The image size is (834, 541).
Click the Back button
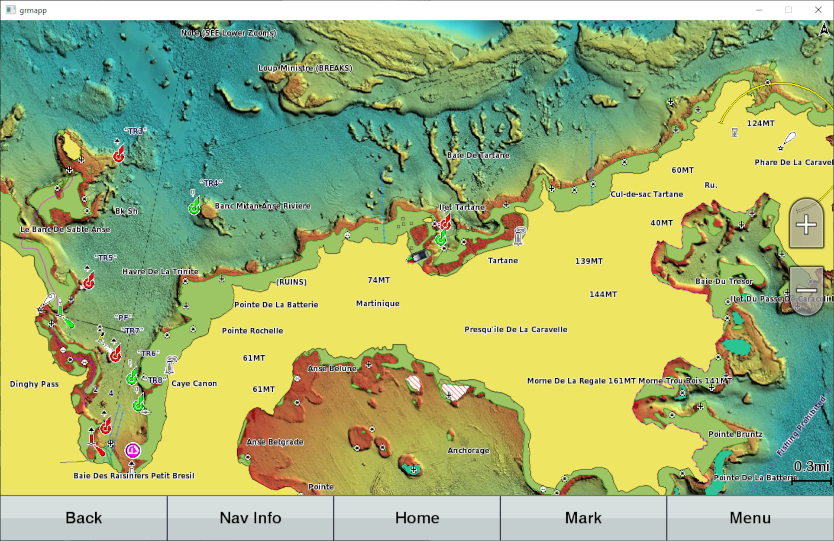(x=84, y=518)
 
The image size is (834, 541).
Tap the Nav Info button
(x=250, y=518)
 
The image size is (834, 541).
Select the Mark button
(x=583, y=518)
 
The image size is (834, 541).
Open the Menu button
(x=750, y=518)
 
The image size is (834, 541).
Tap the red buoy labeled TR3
(x=119, y=155)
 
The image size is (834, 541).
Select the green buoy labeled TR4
(x=194, y=207)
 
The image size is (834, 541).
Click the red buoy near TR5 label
(x=89, y=282)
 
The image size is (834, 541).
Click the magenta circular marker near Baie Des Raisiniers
(x=133, y=451)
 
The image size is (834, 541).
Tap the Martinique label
(x=378, y=303)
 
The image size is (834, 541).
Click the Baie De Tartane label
(x=478, y=155)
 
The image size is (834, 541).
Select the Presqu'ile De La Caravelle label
(x=516, y=329)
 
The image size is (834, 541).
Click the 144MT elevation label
(x=603, y=294)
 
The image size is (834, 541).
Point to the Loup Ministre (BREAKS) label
(x=305, y=68)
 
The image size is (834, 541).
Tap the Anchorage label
(x=468, y=451)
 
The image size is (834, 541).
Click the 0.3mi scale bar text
(x=811, y=467)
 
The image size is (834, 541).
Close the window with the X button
(x=818, y=10)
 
